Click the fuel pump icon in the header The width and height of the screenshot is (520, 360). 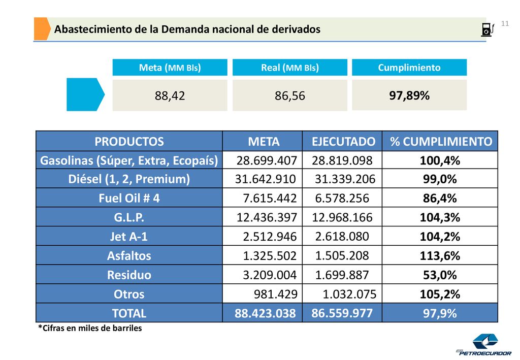[x=488, y=29]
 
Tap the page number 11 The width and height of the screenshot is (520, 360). [x=505, y=23]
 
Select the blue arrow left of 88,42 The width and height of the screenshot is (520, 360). [x=85, y=94]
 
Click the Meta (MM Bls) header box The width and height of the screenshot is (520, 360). [x=170, y=68]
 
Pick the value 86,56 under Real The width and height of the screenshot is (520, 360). [x=289, y=96]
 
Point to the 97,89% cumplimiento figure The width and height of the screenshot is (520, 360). [x=409, y=95]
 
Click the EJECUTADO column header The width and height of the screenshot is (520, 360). [x=343, y=142]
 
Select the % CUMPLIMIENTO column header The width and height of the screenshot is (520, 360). [x=441, y=142]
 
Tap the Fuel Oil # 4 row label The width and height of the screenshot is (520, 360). [x=129, y=198]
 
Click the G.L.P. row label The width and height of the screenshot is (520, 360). [x=129, y=217]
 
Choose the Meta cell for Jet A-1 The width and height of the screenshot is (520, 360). [x=270, y=237]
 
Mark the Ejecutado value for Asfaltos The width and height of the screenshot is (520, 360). [x=342, y=255]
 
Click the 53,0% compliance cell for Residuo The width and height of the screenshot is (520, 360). [x=440, y=275]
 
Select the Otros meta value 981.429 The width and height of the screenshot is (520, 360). [x=276, y=294]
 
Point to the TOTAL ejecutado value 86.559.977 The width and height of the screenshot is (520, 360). [x=342, y=313]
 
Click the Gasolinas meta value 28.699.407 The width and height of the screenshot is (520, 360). [x=267, y=160]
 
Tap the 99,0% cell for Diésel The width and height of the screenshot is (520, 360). [x=440, y=179]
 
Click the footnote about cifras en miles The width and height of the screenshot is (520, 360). [x=90, y=328]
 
